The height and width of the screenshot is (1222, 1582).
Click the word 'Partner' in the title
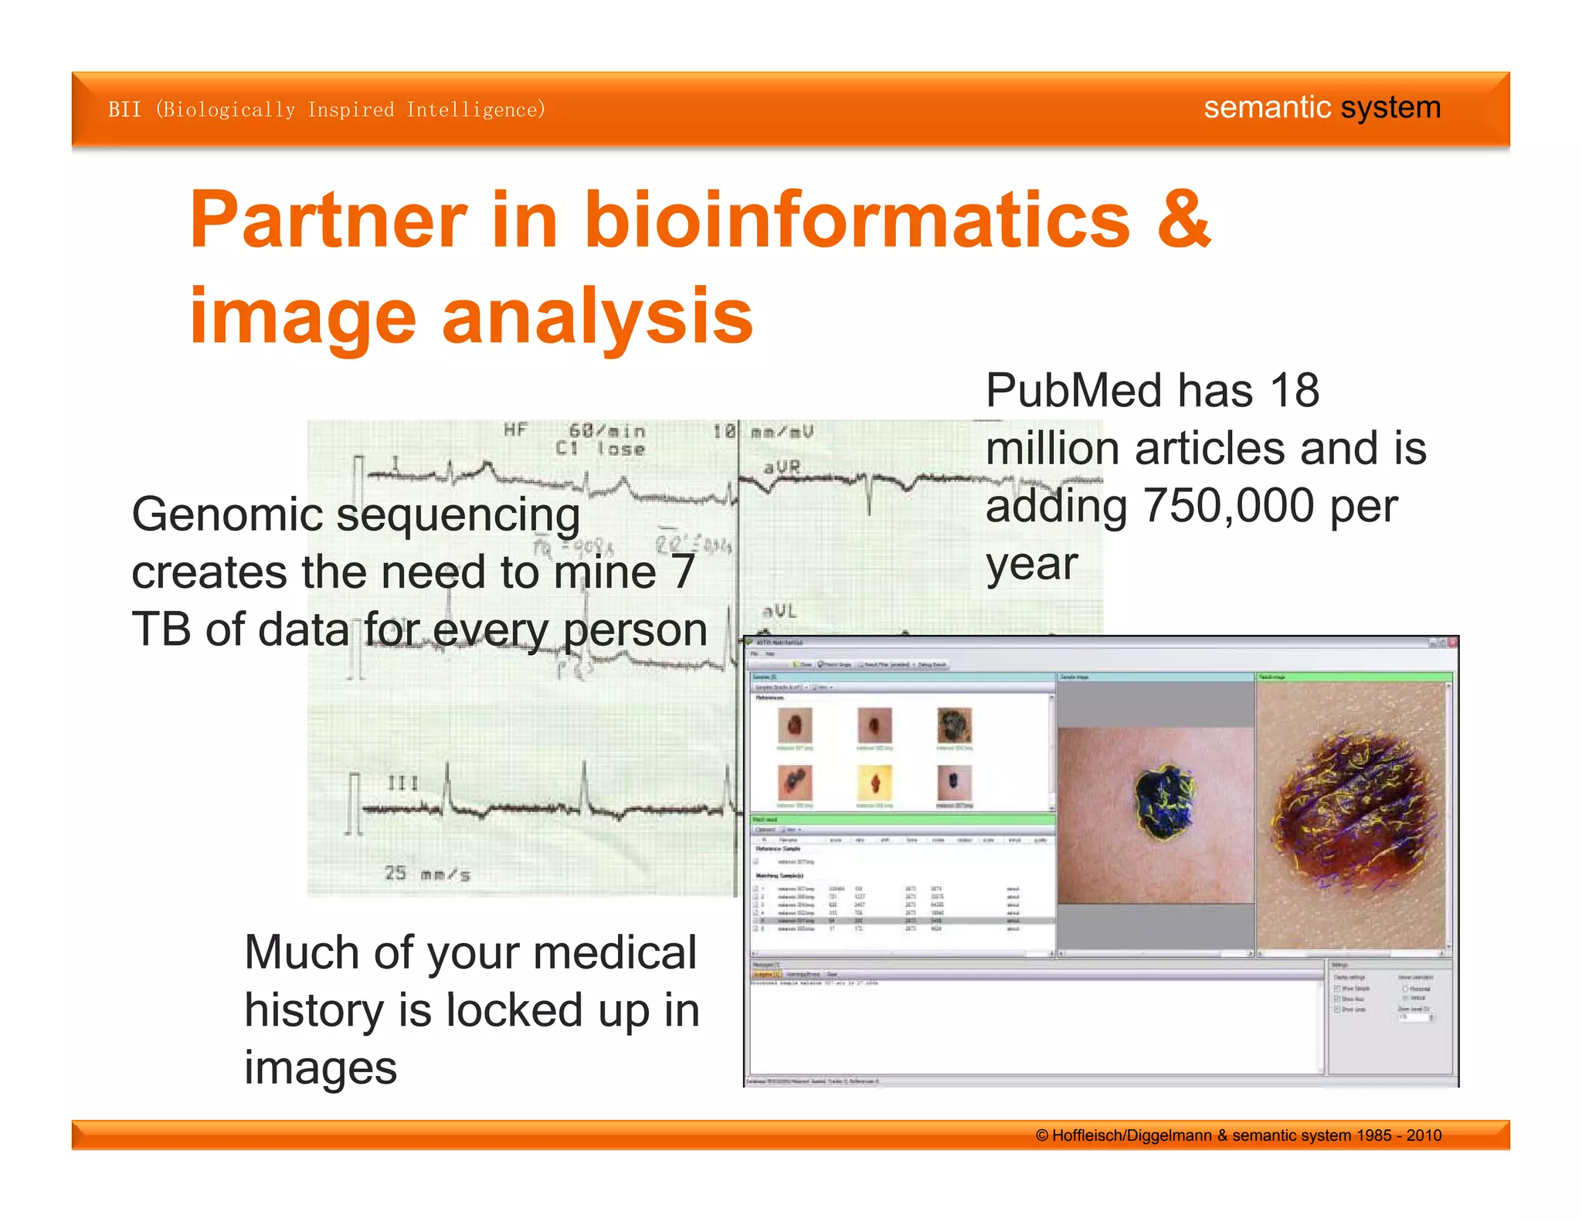328,221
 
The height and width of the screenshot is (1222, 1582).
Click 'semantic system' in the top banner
1322,107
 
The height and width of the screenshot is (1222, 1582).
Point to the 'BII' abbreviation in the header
124,110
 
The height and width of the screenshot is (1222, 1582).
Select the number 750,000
1228,506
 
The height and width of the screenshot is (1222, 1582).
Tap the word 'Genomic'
227,515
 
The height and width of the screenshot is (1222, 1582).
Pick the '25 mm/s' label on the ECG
427,874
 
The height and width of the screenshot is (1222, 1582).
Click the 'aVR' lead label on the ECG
782,467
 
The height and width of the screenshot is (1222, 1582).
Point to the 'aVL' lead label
779,611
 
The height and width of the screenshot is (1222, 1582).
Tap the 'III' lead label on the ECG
402,782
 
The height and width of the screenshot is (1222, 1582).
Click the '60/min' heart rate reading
607,430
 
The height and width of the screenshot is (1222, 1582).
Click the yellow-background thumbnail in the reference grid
874,783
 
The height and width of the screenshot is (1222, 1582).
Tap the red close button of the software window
1452,642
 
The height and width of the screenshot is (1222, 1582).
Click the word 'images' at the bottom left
321,1068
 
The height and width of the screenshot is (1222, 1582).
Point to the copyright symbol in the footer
1042,1135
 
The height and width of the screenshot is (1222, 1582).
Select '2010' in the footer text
1424,1135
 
